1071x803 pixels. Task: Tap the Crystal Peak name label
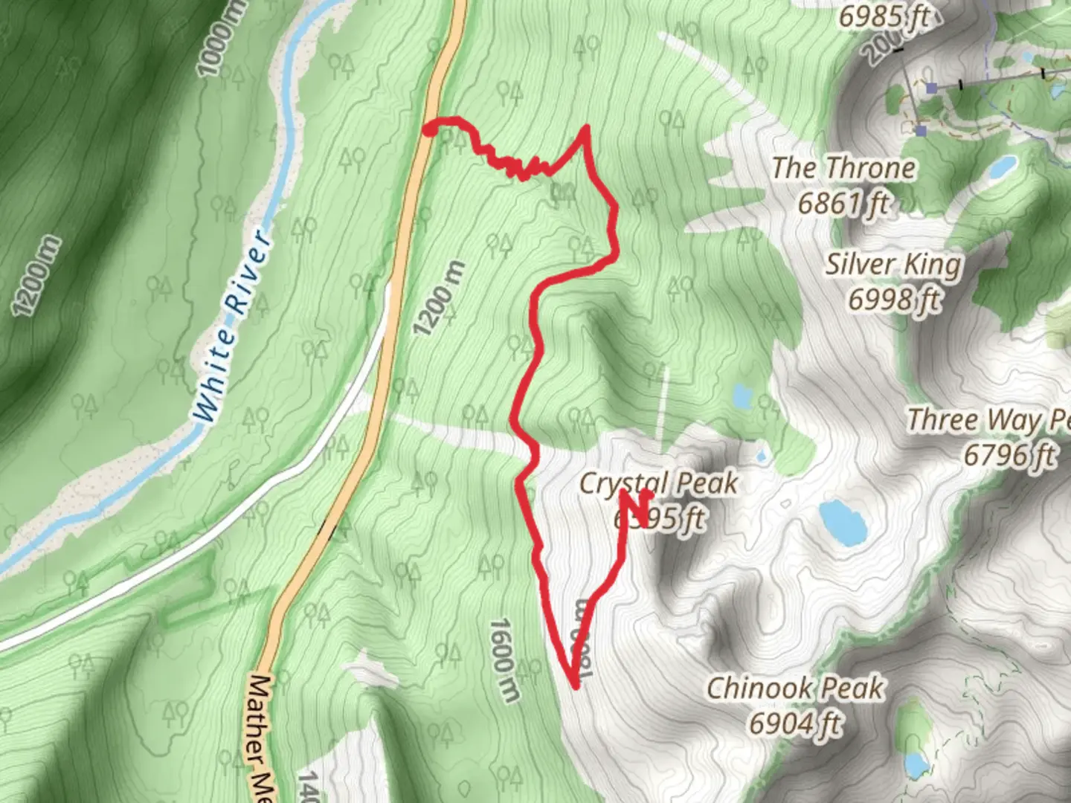click(x=658, y=483)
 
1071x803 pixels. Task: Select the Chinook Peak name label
click(x=794, y=688)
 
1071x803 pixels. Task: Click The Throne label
click(x=843, y=168)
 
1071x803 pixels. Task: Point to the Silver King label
click(x=893, y=264)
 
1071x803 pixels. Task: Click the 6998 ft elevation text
click(x=893, y=300)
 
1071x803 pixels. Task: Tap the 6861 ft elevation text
click(x=843, y=202)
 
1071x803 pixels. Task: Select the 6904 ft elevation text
click(x=794, y=723)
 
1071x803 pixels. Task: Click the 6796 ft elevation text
click(x=1009, y=454)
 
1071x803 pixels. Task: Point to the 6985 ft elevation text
click(x=884, y=16)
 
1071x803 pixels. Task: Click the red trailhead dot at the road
click(x=429, y=131)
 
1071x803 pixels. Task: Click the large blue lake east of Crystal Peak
click(x=843, y=521)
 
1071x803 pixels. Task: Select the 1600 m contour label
click(x=504, y=660)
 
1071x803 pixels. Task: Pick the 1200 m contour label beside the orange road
click(x=440, y=298)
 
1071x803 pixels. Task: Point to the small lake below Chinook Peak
click(x=915, y=764)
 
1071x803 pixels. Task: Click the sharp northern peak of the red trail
click(x=586, y=129)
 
